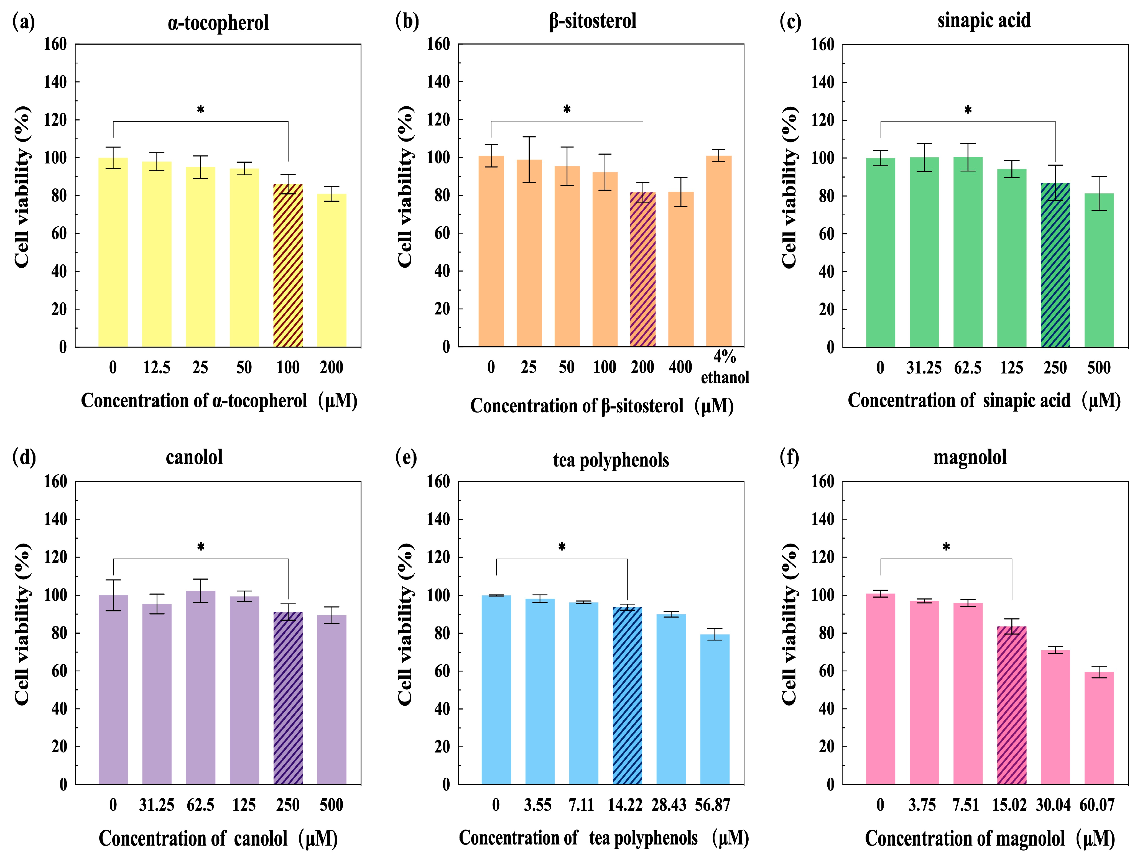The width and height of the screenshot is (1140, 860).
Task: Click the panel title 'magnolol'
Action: pos(970,457)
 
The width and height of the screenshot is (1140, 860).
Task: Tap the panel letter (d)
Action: pos(24,457)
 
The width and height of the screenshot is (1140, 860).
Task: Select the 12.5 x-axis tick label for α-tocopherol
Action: pos(157,367)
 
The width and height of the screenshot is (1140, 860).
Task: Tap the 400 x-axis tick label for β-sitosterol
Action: pos(680,367)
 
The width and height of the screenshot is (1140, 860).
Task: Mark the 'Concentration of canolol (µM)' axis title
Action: pos(218,838)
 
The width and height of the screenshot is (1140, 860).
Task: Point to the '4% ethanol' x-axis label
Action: pos(725,367)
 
